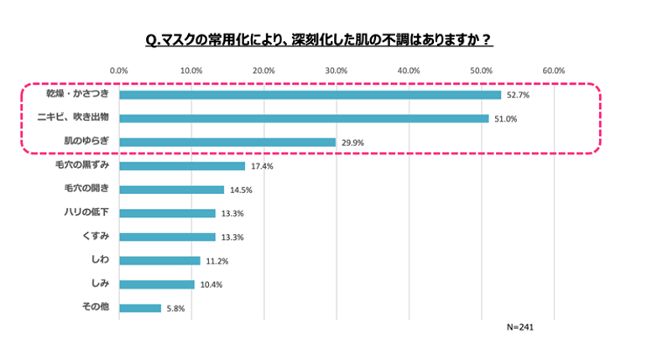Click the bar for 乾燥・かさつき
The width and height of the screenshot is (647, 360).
310,95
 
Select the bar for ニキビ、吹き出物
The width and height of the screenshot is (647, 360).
304,118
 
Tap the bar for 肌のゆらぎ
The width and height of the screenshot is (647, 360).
227,143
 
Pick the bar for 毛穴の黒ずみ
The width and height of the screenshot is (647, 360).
182,166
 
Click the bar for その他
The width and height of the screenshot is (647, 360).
140,308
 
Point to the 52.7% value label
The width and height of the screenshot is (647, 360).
517,96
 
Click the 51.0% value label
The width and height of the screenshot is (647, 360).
505,119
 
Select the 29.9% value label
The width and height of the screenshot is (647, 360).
352,143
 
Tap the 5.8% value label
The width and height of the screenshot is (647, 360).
175,309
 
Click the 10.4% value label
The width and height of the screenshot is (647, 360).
210,285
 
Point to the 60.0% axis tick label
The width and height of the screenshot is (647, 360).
553,70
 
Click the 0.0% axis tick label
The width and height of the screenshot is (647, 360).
119,70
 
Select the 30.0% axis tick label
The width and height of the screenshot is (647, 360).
336,70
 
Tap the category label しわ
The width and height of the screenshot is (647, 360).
97,260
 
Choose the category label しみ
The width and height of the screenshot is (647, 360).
97,284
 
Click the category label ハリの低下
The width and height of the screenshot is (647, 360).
87,213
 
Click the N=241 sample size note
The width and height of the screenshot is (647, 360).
520,326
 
